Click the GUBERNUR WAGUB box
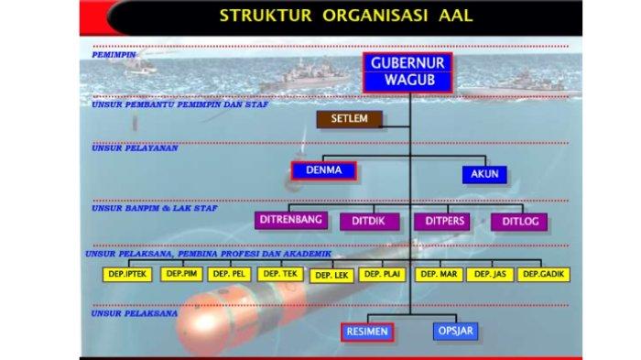point(409,72)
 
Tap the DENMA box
point(323,170)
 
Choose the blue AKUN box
point(483,174)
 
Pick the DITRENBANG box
point(289,221)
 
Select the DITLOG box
point(519,221)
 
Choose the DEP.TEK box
point(279,273)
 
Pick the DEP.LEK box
point(331,275)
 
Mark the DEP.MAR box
point(439,273)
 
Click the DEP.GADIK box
point(543,274)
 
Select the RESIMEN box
point(367,332)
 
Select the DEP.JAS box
point(490,273)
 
